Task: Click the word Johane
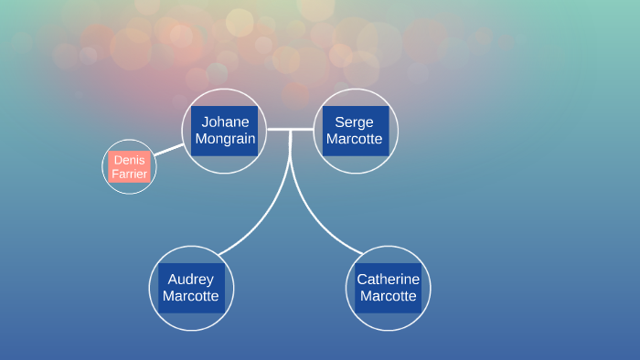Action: (224, 122)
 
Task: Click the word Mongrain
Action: (224, 139)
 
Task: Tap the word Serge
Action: (355, 122)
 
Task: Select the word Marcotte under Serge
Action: (355, 139)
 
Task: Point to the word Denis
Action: (129, 160)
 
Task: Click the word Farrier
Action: (129, 174)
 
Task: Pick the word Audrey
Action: (191, 279)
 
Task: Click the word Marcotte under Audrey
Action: (191, 296)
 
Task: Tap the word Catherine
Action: (388, 279)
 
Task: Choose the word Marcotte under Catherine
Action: (388, 296)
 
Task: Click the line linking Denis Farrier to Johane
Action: (167, 149)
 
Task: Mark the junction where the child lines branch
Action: (291, 131)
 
